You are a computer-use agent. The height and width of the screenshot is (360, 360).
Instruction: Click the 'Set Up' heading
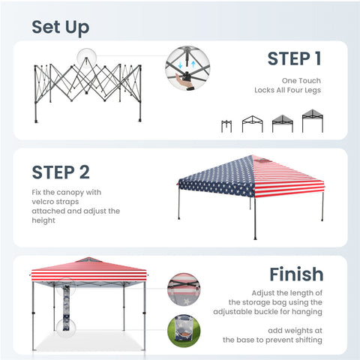61,28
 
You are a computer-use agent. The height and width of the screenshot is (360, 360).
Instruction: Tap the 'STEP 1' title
294,58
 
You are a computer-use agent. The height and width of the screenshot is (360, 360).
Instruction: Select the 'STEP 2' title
61,172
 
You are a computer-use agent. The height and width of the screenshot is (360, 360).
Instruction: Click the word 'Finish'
296,274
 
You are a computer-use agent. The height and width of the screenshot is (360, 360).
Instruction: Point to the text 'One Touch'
301,81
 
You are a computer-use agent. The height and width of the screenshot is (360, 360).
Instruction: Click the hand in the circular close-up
182,80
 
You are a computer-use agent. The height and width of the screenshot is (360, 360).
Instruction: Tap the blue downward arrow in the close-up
180,65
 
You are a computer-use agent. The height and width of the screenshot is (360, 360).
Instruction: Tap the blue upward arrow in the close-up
193,64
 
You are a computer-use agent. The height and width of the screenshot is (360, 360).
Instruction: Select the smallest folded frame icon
226,126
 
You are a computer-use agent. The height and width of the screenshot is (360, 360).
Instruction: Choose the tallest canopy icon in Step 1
313,121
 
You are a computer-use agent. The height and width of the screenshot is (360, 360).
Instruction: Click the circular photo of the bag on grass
184,331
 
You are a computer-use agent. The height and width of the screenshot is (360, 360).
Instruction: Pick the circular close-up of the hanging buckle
184,289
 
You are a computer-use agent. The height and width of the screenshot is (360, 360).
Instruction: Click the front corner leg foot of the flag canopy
255,238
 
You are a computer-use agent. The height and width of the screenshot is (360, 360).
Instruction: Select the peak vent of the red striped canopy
88,259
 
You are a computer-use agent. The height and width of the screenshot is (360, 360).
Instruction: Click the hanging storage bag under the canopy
66,307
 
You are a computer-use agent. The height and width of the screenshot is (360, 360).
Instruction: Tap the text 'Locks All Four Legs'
287,90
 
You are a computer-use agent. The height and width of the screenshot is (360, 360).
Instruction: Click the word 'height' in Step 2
43,220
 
